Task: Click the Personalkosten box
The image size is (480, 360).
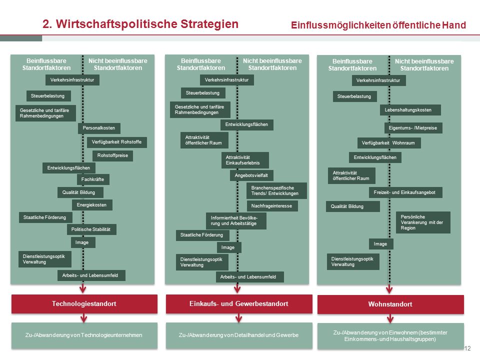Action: pyautogui.click(x=99, y=128)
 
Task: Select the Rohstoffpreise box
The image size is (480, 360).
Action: pyautogui.click(x=112, y=155)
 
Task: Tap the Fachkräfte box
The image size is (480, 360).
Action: pyautogui.click(x=93, y=179)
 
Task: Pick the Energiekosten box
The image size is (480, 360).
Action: pyautogui.click(x=92, y=205)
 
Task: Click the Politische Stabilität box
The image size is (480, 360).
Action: pyautogui.click(x=91, y=229)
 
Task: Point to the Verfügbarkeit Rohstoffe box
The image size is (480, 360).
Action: pyautogui.click(x=116, y=142)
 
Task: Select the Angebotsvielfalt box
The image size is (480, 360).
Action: pyautogui.click(x=251, y=175)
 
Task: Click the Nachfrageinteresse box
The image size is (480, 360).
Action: pyautogui.click(x=272, y=206)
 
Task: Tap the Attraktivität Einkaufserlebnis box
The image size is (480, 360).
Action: pyautogui.click(x=245, y=160)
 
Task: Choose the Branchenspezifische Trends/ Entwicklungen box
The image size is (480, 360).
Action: pyautogui.click(x=276, y=190)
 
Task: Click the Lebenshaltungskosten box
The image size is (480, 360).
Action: pyautogui.click(x=410, y=110)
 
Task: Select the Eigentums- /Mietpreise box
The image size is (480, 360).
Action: pyautogui.click(x=413, y=128)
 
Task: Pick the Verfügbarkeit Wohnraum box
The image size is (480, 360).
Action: pyautogui.click(x=389, y=143)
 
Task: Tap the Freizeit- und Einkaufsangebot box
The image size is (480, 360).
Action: pyautogui.click(x=405, y=192)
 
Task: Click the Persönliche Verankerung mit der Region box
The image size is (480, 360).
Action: pyautogui.click(x=423, y=222)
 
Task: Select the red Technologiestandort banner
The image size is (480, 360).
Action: pyautogui.click(x=84, y=304)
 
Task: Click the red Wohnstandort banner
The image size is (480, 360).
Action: pyautogui.click(x=390, y=304)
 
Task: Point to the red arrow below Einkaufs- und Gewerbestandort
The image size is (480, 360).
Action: pyautogui.click(x=239, y=318)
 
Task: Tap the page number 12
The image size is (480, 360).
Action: pyautogui.click(x=467, y=348)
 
